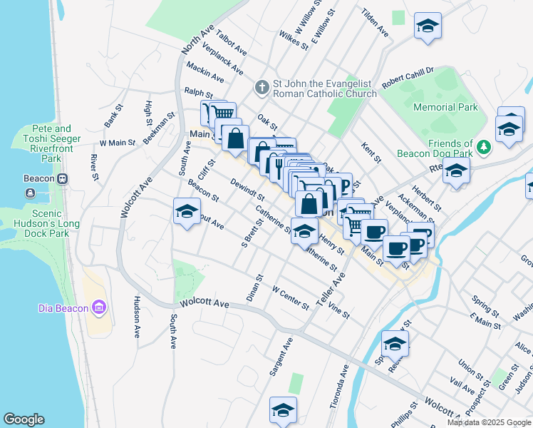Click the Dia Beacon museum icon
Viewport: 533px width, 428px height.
pos(99,308)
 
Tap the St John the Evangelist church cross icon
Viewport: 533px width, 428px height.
pos(262,88)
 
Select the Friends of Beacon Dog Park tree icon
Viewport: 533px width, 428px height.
pos(484,147)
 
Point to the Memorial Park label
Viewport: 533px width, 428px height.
pos(445,108)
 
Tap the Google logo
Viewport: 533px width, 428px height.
pos(24,419)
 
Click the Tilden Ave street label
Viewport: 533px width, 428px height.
pos(374,23)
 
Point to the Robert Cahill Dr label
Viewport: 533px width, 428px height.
pos(407,78)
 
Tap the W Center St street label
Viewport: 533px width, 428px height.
pos(290,298)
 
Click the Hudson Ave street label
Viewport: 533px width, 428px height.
pos(135,317)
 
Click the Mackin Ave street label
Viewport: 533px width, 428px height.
pos(205,71)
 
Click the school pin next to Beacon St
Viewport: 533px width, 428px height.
pos(187,212)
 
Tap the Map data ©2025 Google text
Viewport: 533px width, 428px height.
pos(489,422)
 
